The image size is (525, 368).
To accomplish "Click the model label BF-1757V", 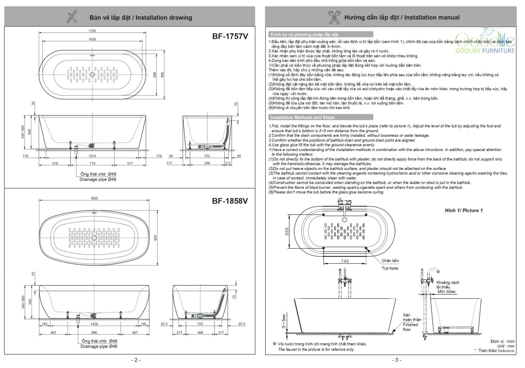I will coord(230,36).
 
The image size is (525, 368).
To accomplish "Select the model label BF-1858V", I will coord(230,201).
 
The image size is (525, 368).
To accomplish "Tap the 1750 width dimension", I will coord(92,31).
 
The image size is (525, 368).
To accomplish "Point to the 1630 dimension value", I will coord(92,39).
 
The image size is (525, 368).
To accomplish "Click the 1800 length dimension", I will coord(94,198).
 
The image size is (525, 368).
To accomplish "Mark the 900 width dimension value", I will coord(155,238).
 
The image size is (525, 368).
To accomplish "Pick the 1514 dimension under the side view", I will coord(92,156).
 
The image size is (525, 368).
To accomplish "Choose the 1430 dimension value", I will coord(94,324).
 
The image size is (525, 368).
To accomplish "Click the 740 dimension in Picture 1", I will coord(345,261).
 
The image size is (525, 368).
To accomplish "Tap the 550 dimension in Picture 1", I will coord(287,231).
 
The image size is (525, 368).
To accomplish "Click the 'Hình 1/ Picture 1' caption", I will coord(464,210).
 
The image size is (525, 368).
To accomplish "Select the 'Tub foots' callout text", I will coord(390,268).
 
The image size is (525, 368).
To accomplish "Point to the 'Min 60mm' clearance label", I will coord(446,292).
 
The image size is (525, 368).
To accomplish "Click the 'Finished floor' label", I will coord(410,327).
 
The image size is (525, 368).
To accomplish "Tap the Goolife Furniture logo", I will coord(485,42).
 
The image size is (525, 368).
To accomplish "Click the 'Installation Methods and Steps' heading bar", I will coord(321,117).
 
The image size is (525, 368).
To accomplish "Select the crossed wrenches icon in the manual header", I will coord(334,17).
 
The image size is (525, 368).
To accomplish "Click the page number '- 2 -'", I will coord(136,360).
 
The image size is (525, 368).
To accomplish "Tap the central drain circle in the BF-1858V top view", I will coord(94,238).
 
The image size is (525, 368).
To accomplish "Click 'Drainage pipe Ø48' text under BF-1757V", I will coord(98,179).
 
